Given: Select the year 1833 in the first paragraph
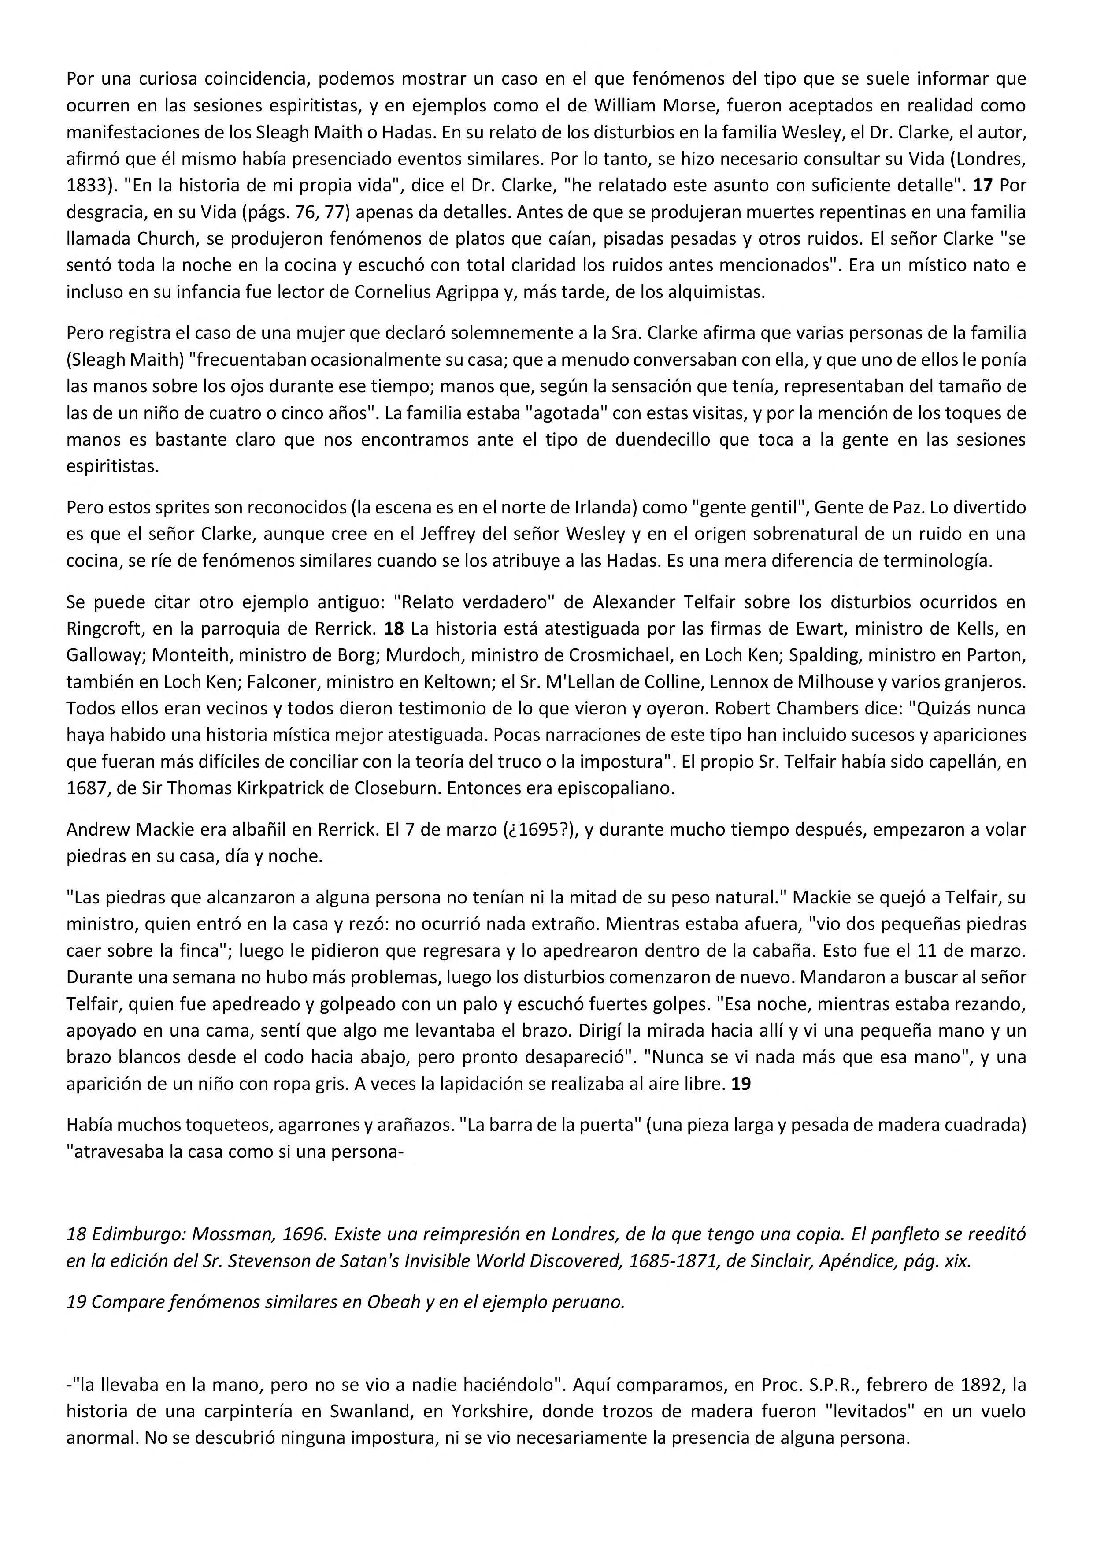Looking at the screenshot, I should pyautogui.click(x=85, y=186).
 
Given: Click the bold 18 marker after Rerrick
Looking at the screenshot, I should pyautogui.click(x=394, y=628).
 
